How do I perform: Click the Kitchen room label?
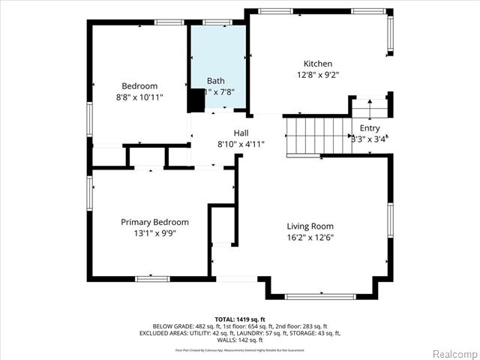pyautogui.click(x=317, y=64)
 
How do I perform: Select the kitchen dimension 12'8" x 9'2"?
pyautogui.click(x=317, y=75)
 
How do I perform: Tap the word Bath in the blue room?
pyautogui.click(x=216, y=80)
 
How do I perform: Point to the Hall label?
pyautogui.click(x=220, y=132)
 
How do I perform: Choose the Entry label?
pyautogui.click(x=370, y=128)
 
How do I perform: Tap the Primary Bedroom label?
pyautogui.click(x=155, y=222)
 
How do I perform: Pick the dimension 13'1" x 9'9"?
pyautogui.click(x=155, y=233)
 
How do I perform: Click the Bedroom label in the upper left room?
pyautogui.click(x=139, y=85)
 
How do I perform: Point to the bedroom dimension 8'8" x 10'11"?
pyautogui.click(x=139, y=97)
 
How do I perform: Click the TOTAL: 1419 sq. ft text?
pyautogui.click(x=240, y=319)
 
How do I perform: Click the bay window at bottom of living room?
pyautogui.click(x=321, y=296)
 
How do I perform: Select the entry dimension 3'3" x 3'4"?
pyautogui.click(x=369, y=139)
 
